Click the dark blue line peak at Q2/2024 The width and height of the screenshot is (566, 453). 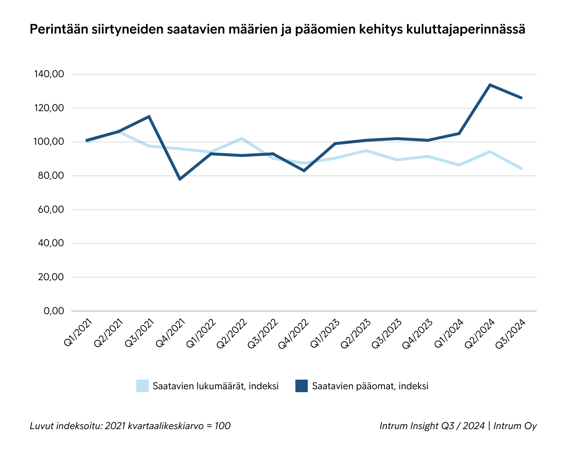point(490,85)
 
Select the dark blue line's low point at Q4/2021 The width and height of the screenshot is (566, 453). point(180,179)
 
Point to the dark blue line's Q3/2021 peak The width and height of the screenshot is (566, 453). point(149,116)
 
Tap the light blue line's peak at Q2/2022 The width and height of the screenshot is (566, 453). point(242,138)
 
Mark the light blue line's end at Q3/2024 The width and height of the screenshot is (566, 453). point(521,168)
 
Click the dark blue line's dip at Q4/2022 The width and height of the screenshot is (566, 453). point(304,171)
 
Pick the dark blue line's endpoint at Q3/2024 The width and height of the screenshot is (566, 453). point(521,98)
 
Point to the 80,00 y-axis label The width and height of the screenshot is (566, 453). point(49,176)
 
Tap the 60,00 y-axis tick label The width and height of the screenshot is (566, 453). point(49,209)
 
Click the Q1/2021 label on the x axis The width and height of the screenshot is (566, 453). point(78,333)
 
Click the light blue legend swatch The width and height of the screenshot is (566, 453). point(142,386)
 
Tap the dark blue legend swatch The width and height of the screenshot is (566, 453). point(301,386)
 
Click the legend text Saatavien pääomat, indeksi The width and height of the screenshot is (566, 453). point(370,386)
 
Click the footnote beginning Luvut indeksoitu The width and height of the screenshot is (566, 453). point(130,426)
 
